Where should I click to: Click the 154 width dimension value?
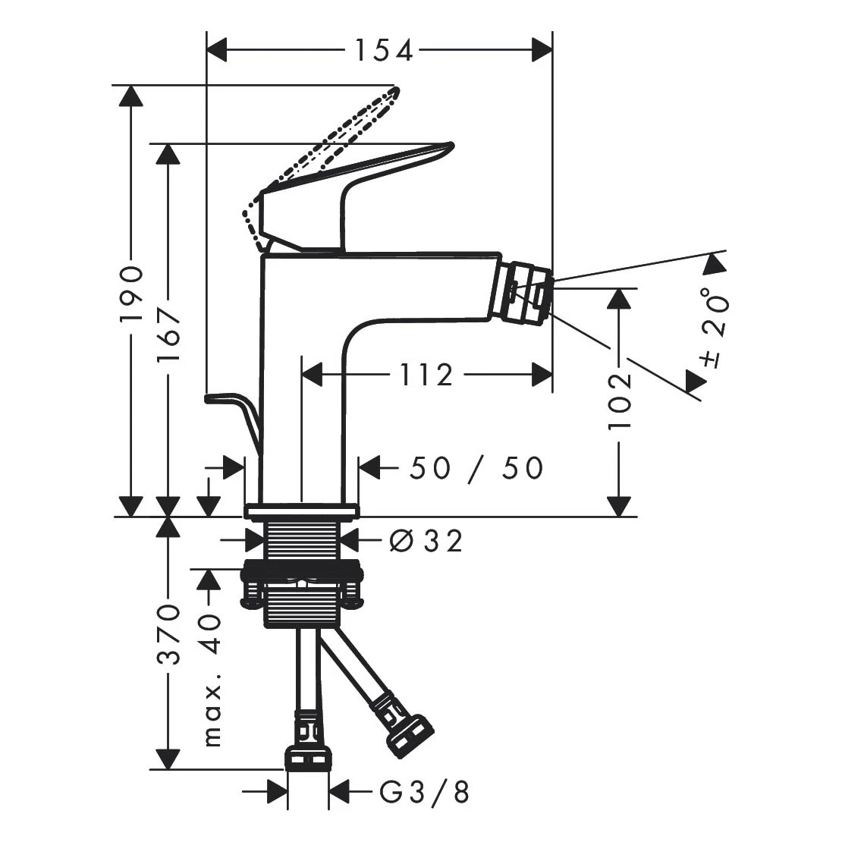pos(384,51)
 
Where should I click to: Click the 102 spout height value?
pos(620,401)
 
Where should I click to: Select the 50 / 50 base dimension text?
pos(476,468)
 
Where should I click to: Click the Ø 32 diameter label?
pos(425,541)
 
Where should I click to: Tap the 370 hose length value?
pos(168,634)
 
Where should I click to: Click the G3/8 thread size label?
pos(425,793)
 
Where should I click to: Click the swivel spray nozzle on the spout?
pos(529,294)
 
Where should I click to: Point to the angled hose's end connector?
pos(410,734)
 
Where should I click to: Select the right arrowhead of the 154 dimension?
pos(542,51)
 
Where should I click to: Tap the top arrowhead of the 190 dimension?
pos(131,96)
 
